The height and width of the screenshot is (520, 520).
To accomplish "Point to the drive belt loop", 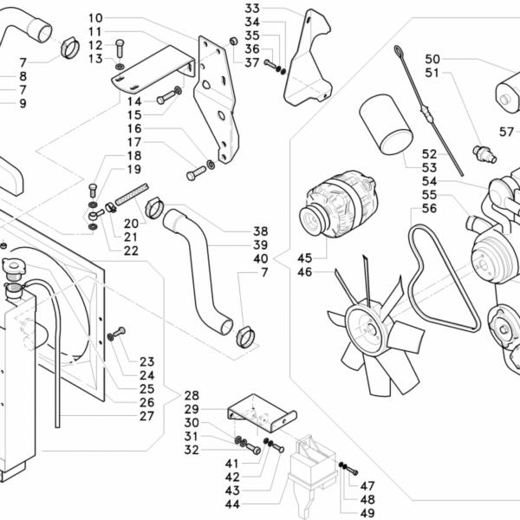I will click(442, 277).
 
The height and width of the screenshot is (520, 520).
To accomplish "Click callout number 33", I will click(252, 9).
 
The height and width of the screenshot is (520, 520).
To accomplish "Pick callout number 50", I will click(432, 59).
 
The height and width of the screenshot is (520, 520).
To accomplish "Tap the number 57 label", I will click(507, 131).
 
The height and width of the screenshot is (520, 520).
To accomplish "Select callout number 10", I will click(119, 18).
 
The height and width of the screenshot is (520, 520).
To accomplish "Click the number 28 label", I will click(192, 394).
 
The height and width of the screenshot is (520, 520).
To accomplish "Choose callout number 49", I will click(367, 513).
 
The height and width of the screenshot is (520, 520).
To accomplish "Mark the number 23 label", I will click(146, 362).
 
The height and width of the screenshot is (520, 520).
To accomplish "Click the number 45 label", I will click(304, 257).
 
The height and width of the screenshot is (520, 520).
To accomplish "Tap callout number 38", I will click(261, 231).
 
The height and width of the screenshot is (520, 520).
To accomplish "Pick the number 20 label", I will click(131, 224).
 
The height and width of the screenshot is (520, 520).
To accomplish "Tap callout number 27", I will click(146, 416).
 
